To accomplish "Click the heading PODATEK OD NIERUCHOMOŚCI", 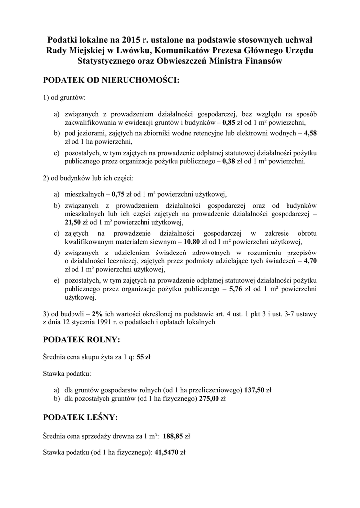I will coord(111,80).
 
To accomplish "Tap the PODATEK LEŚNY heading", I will coord(80,418).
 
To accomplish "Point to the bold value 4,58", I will coord(310,133).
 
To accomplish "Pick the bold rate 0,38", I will coord(229,161).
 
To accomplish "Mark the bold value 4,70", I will coord(310,261).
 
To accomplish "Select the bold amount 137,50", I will coord(255,390).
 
